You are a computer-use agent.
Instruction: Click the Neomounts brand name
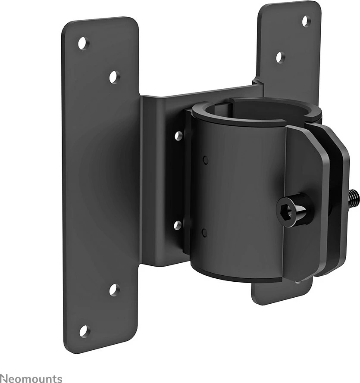point(31,379)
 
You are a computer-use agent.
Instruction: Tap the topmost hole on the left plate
point(82,43)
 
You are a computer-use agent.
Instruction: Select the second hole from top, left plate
point(114,77)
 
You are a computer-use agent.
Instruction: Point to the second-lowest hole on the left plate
point(114,290)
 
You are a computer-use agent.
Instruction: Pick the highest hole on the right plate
point(306,21)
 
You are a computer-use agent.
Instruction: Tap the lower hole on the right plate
point(281,57)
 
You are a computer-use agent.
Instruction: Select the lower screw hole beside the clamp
point(178,225)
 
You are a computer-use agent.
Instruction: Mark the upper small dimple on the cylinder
point(205,160)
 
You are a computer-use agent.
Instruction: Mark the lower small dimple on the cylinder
point(204,233)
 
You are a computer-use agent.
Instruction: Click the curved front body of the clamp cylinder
point(237,194)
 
